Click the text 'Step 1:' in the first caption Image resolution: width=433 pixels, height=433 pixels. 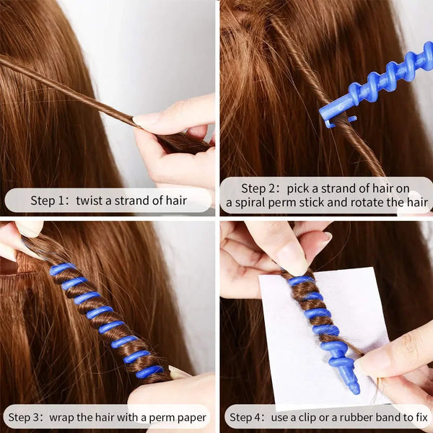(x=48, y=200)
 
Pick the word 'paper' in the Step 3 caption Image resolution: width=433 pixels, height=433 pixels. (x=190, y=417)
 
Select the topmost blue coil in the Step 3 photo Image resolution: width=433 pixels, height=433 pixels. (x=61, y=268)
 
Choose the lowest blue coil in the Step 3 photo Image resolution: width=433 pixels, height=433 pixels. (x=149, y=372)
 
